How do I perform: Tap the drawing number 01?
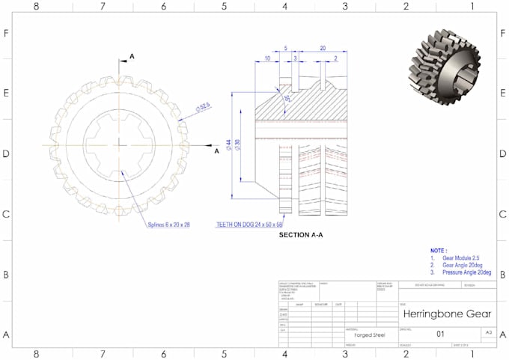(439, 335)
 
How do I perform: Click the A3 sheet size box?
(488, 332)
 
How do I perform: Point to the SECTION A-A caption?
(301, 235)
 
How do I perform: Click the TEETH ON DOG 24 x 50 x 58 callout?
(249, 224)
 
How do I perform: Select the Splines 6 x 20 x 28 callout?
(168, 224)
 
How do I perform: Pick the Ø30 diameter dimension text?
(239, 144)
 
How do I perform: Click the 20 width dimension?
(322, 47)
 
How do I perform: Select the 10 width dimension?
(267, 58)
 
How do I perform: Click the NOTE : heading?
(439, 250)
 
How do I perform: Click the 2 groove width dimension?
(335, 58)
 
